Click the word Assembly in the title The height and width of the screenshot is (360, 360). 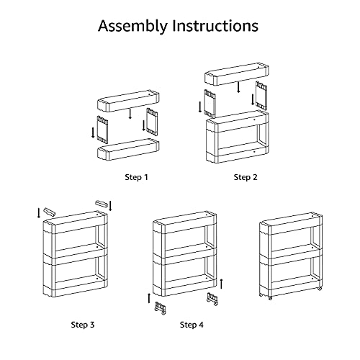click(132, 26)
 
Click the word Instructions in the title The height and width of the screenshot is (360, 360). click(215, 25)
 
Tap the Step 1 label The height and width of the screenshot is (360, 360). click(136, 177)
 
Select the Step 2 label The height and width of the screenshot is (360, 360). click(246, 177)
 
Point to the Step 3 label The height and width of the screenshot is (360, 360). click(83, 325)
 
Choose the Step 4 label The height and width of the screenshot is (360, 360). click(192, 325)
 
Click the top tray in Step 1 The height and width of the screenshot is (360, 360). click(128, 101)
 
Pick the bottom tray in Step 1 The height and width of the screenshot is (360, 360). click(128, 149)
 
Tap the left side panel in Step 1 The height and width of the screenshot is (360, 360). click(102, 130)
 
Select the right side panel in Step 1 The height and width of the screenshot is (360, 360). click(152, 122)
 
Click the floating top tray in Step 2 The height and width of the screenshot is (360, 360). click(237, 74)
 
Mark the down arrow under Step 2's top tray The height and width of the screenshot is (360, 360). click(238, 87)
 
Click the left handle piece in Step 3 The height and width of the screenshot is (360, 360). click(49, 212)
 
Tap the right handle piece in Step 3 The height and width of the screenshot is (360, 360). click(102, 204)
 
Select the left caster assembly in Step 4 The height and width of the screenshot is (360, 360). click(161, 308)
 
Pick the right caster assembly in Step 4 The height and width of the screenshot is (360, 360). click(212, 299)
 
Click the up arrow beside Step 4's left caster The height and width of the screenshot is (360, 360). click(149, 298)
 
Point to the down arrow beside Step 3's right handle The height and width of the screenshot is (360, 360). click(110, 206)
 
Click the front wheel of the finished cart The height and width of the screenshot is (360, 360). click(270, 298)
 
